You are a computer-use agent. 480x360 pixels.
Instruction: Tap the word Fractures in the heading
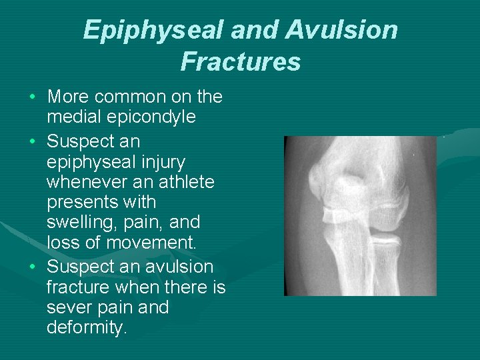coord(240,62)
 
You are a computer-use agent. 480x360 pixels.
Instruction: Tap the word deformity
coord(87,329)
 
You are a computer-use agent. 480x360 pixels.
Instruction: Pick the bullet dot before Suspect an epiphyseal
coord(33,143)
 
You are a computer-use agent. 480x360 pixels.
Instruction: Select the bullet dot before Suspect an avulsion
coord(33,268)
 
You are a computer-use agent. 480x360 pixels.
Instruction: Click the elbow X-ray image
coord(360,215)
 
